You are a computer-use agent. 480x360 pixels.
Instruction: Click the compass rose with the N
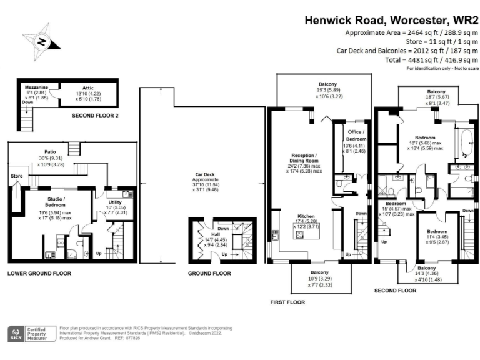(41, 41)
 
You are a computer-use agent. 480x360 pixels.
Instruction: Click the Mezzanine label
(36, 87)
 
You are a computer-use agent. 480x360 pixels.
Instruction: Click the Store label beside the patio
(16, 176)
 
